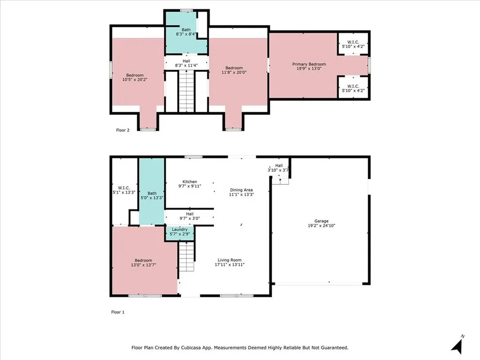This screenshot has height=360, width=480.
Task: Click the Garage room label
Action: [x=321, y=221]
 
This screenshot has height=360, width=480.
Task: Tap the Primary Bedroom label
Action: [x=309, y=64]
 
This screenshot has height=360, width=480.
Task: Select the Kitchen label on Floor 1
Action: [x=190, y=182]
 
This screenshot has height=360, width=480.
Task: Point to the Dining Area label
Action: [x=242, y=190]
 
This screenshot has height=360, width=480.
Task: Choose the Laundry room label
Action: [x=180, y=229]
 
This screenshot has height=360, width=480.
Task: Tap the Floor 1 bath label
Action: [x=152, y=193]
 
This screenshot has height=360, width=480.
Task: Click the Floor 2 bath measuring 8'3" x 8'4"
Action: [x=186, y=34]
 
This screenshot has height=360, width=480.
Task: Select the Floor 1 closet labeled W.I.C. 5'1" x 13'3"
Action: [x=124, y=192]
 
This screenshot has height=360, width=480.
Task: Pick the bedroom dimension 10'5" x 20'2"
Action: [x=135, y=80]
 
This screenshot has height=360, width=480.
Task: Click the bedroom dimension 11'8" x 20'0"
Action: [x=233, y=73]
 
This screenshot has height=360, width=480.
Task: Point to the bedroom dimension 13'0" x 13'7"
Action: [x=143, y=265]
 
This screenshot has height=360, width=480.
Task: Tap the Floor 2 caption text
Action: [x=123, y=130]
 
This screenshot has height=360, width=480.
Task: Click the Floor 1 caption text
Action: [x=118, y=312]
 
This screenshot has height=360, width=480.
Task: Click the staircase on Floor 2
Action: [x=186, y=91]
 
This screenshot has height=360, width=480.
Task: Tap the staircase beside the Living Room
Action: [x=187, y=257]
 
